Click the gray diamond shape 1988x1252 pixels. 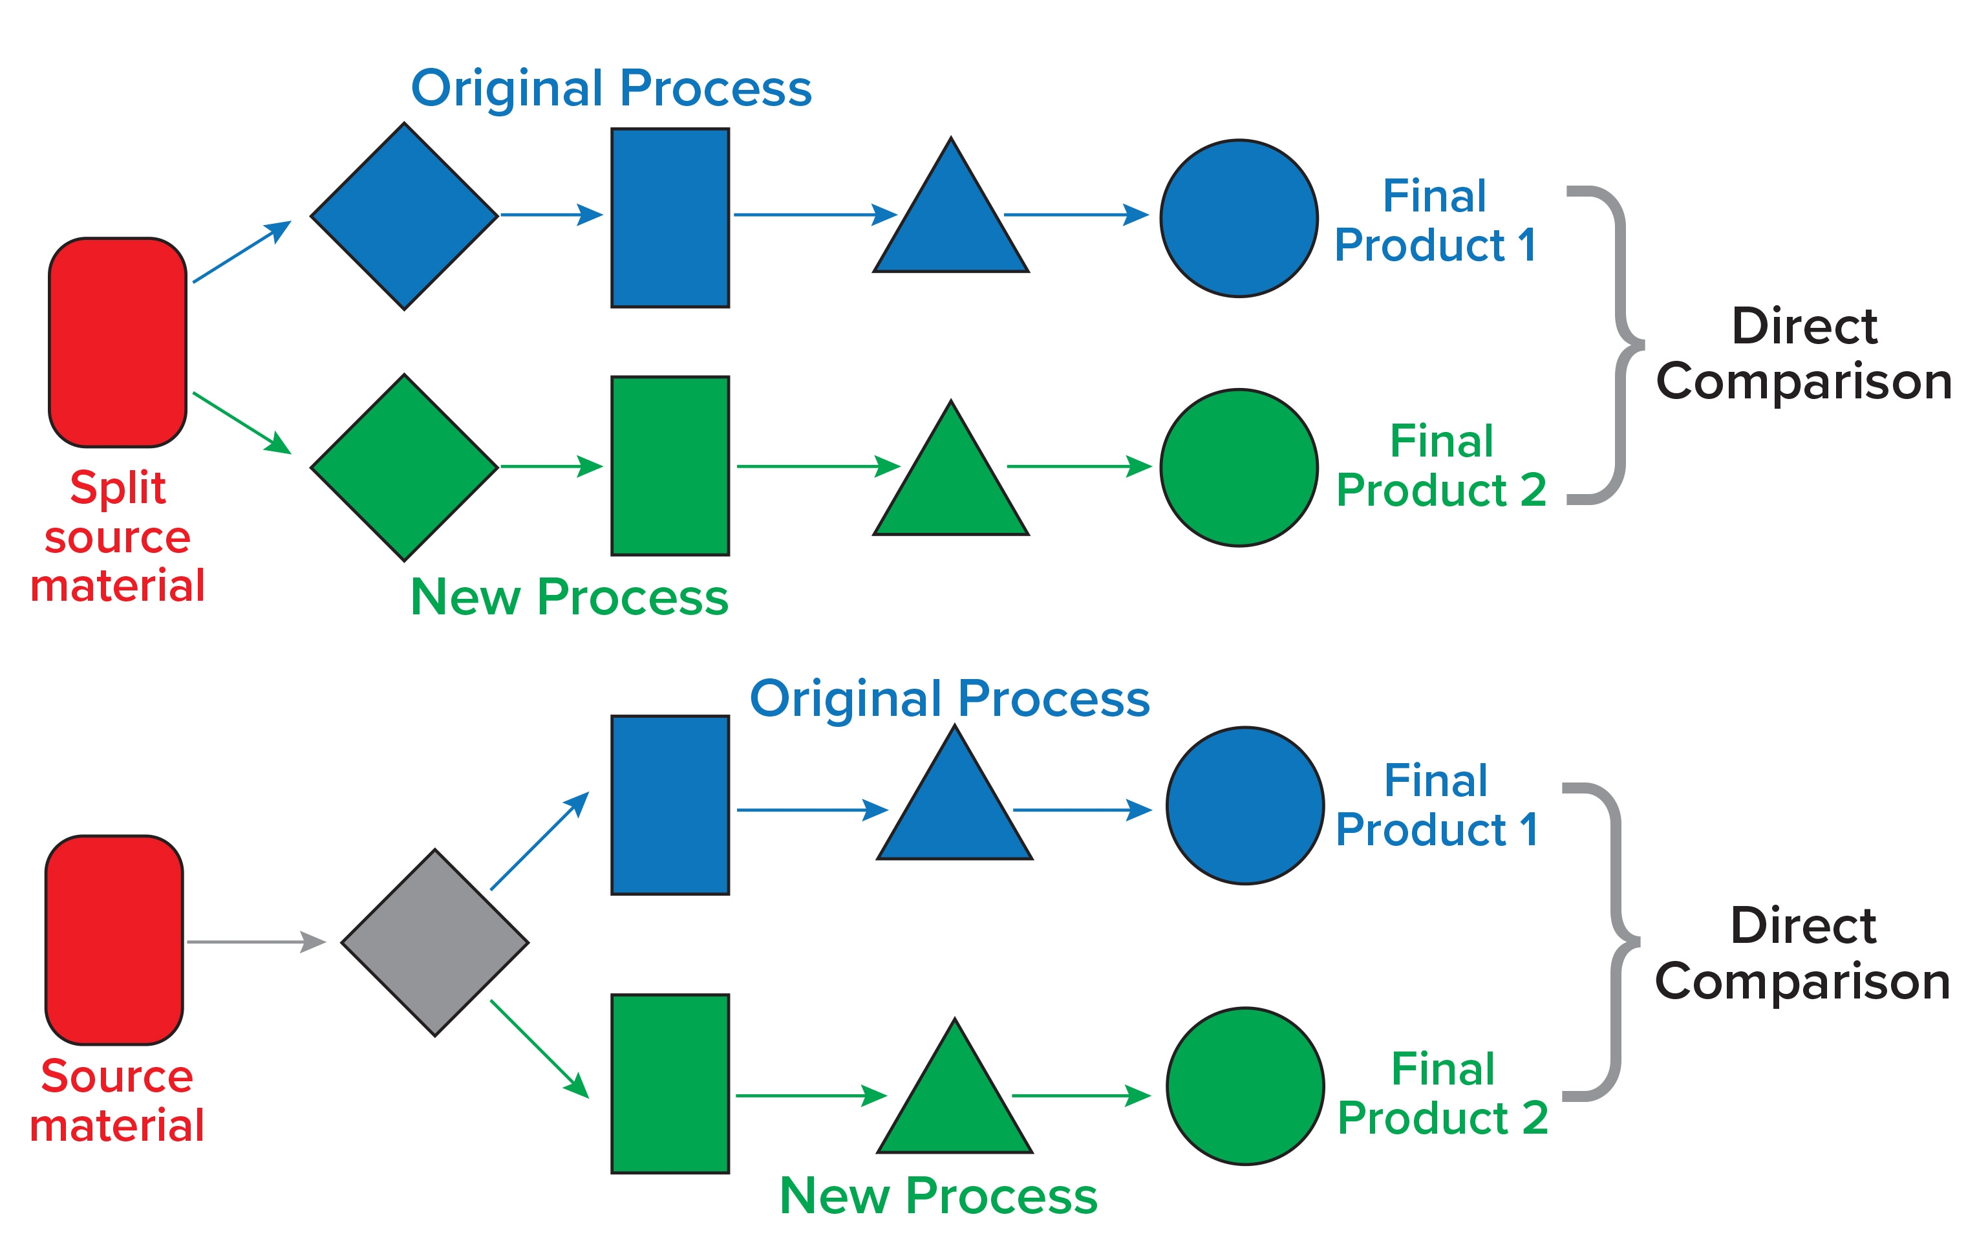(435, 942)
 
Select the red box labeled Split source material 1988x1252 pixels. (118, 343)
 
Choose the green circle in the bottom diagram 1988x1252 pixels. (1245, 1086)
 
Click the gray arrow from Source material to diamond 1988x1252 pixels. (256, 942)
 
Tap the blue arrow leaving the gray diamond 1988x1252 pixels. (539, 841)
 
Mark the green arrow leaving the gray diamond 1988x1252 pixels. (539, 1049)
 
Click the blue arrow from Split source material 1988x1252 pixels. (241, 252)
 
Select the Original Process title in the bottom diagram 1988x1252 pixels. (950, 698)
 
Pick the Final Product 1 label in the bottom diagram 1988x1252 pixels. (1437, 804)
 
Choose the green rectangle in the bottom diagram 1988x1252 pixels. (670, 1083)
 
